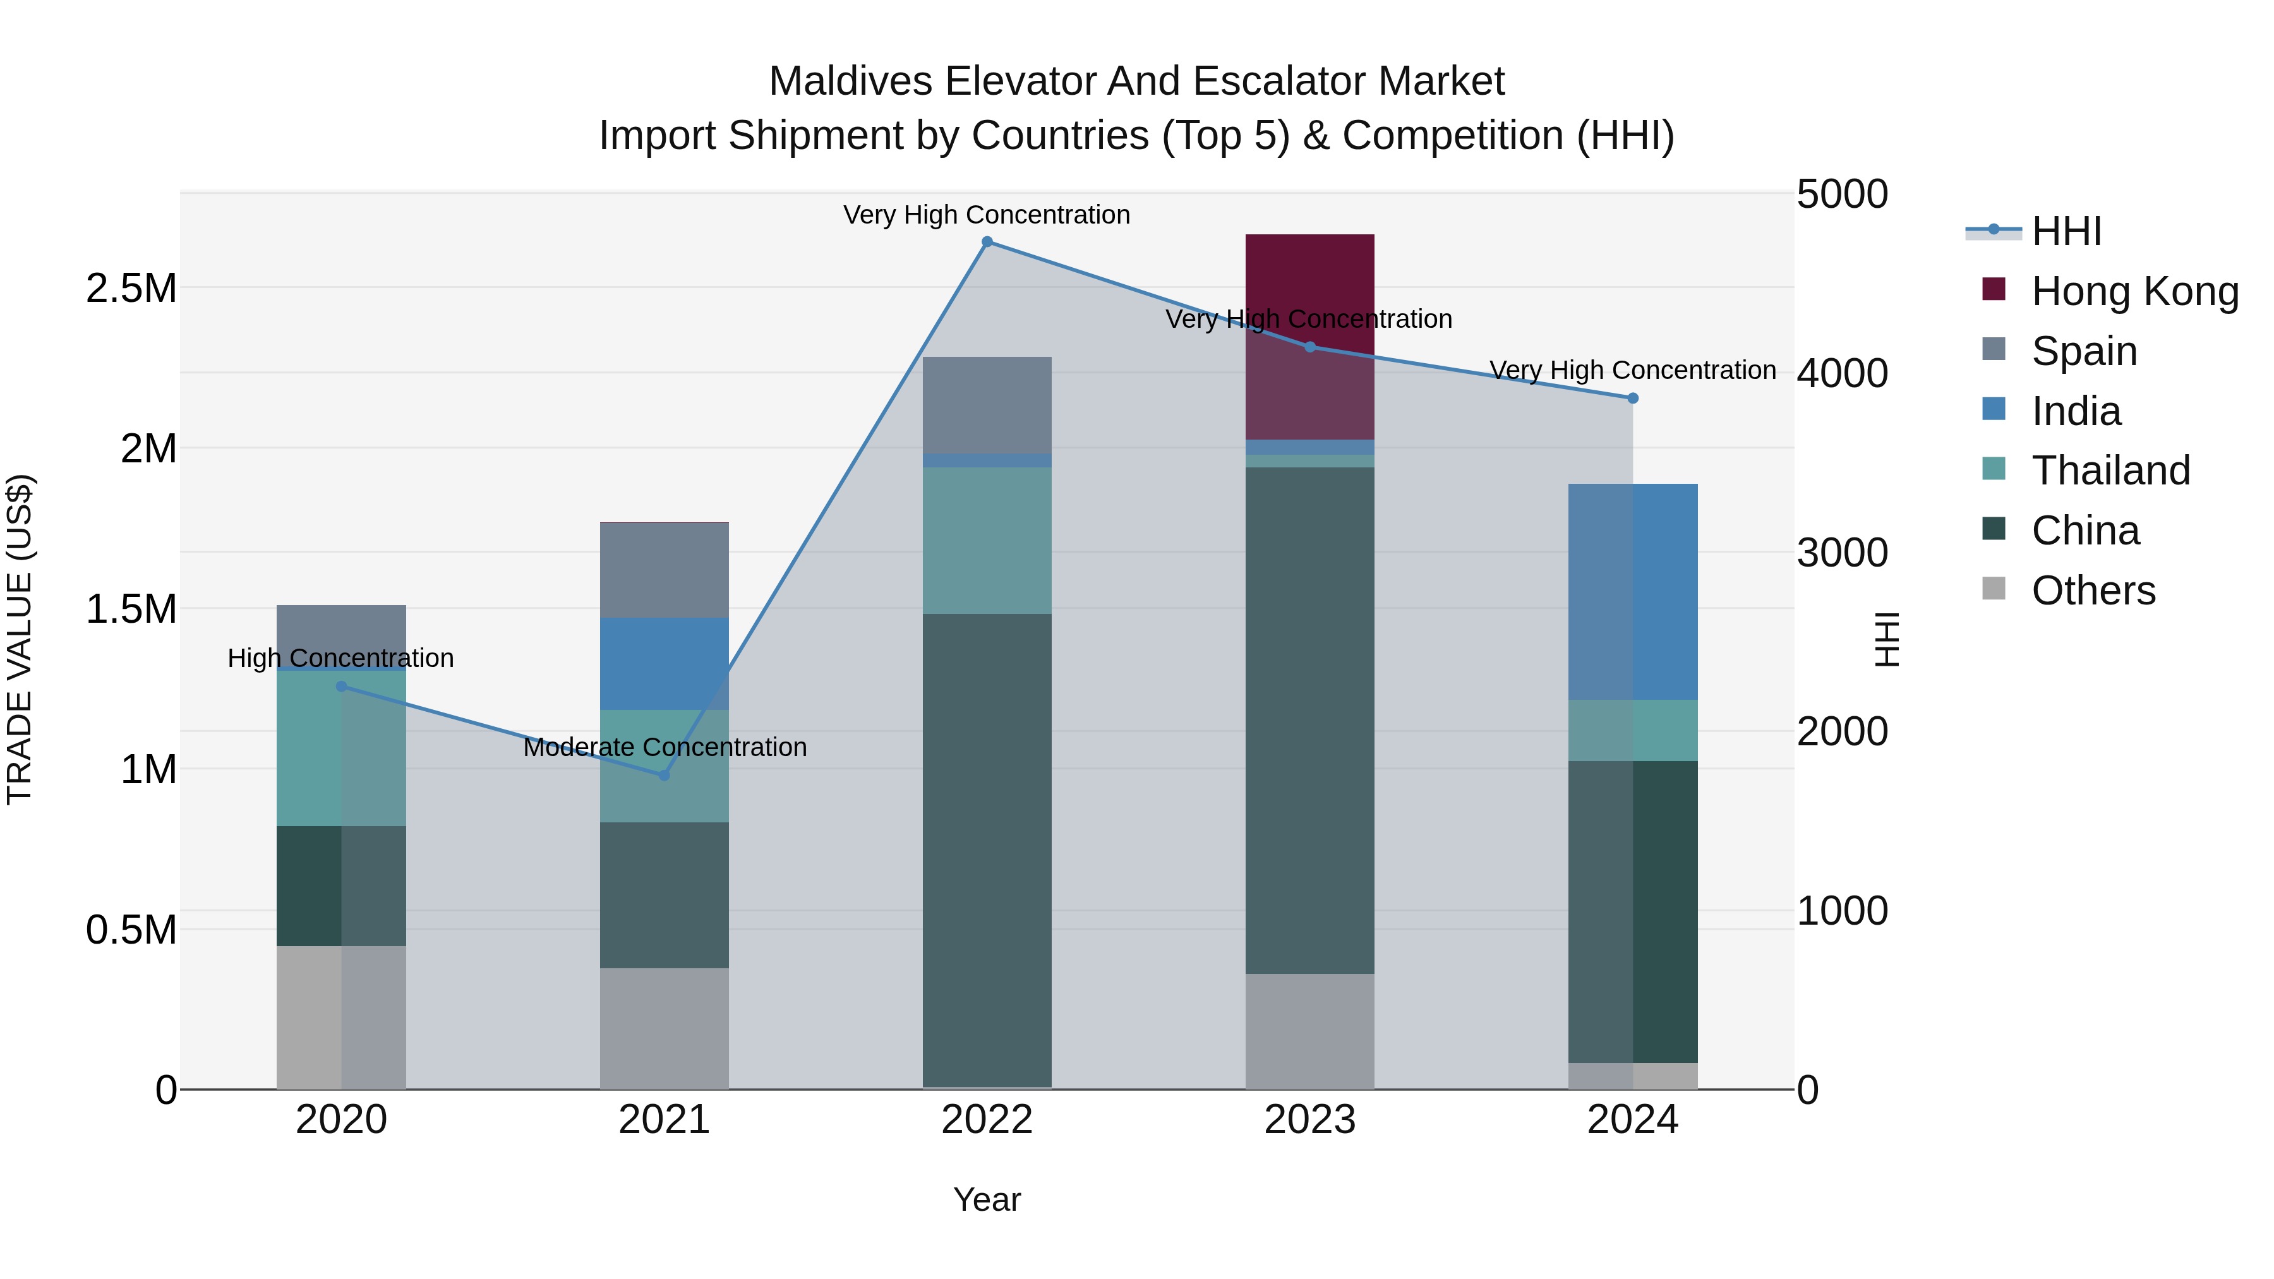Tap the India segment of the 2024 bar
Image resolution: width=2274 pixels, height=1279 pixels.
(1632, 591)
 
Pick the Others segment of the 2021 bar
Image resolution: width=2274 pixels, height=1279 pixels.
(664, 1028)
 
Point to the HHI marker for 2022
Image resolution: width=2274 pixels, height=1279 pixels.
(987, 242)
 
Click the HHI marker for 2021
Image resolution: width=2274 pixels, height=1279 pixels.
(665, 775)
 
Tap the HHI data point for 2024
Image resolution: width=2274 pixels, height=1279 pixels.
(1632, 398)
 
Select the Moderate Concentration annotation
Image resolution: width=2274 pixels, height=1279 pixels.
(665, 748)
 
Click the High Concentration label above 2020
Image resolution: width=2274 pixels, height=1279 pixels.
(340, 659)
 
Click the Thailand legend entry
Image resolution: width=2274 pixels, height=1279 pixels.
(2110, 471)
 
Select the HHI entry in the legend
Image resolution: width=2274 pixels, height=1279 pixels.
(2066, 231)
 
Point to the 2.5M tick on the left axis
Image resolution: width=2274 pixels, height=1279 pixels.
(131, 289)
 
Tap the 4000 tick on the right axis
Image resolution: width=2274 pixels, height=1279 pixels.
(1841, 373)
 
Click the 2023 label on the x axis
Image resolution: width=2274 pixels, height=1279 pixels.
(1309, 1120)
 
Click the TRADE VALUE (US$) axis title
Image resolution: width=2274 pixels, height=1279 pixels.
(20, 639)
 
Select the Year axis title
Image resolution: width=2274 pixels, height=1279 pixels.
(987, 1199)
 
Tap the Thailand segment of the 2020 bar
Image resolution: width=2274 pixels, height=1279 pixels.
(340, 748)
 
